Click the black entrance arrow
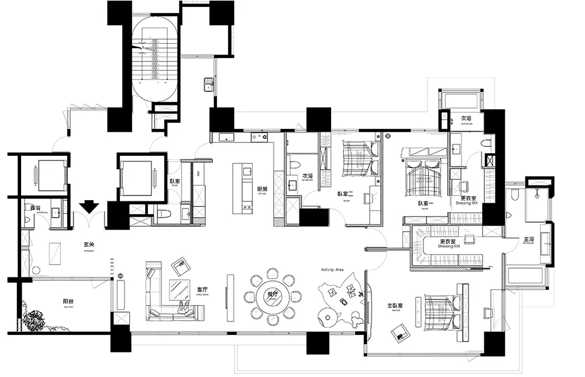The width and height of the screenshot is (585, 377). coord(89,207)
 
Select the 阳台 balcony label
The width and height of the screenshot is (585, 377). coord(68,302)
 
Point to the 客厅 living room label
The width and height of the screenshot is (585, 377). coord(203,290)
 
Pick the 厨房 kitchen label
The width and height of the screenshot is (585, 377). coord(262,190)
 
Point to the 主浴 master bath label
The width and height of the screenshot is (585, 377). coord(528,239)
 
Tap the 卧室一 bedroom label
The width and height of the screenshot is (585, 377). coord(425,203)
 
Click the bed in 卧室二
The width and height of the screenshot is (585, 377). coord(357,159)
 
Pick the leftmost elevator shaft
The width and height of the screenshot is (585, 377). coord(44,176)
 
